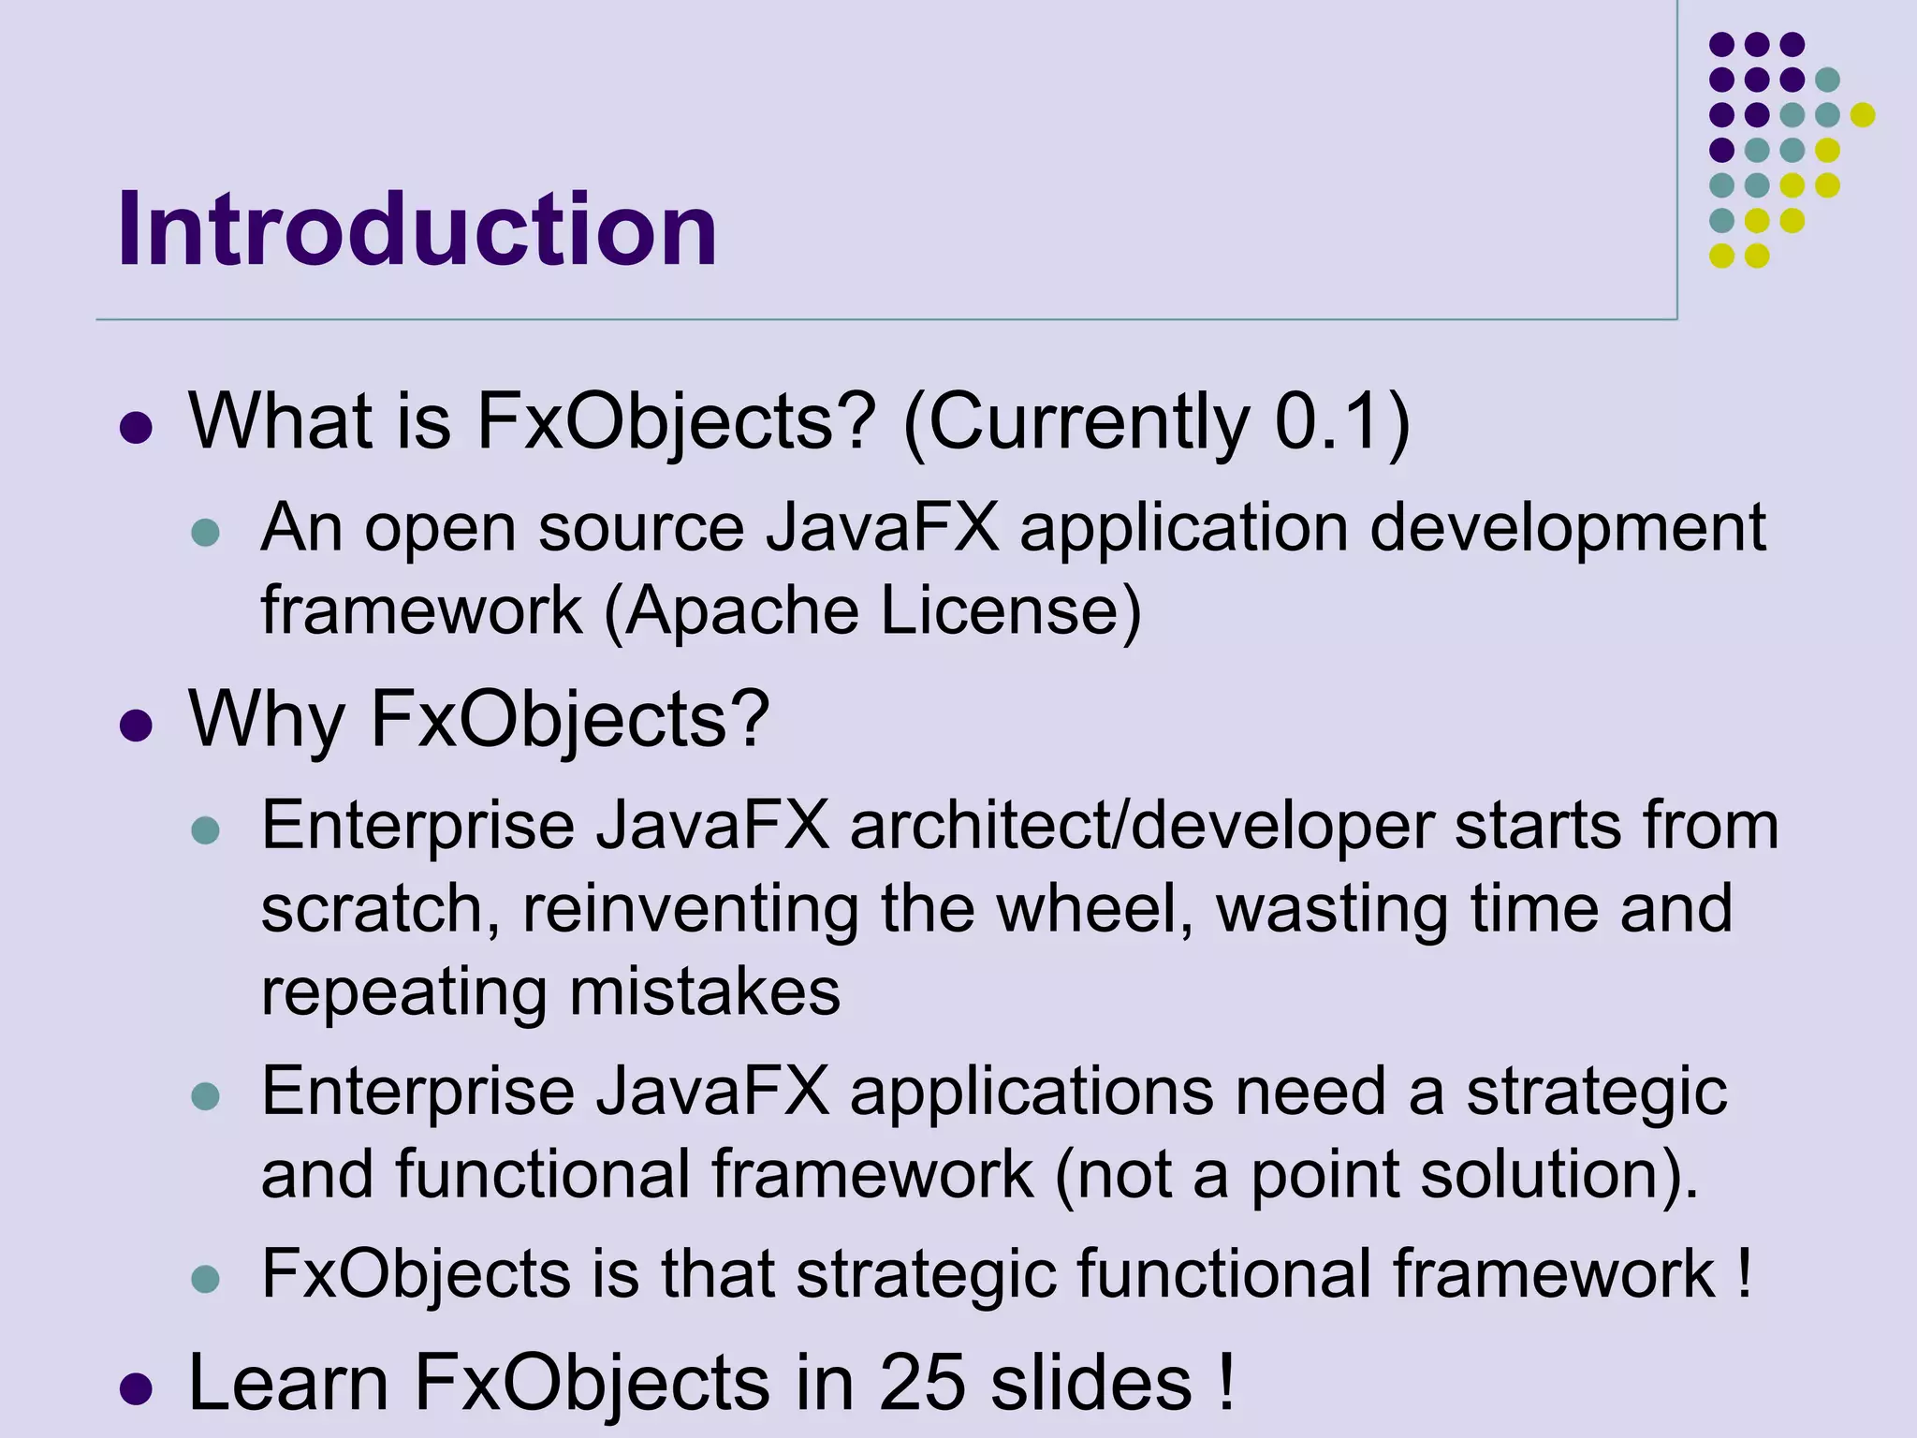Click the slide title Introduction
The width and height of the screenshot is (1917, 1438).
coord(417,229)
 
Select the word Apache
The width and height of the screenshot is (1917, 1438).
coord(740,611)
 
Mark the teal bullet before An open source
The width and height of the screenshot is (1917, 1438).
coord(205,533)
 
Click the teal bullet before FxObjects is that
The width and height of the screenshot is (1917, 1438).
coord(205,1278)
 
